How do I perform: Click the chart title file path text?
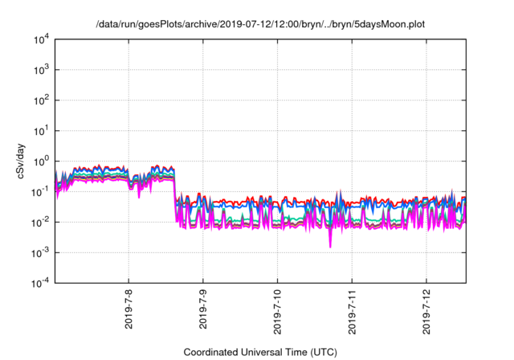point(256,24)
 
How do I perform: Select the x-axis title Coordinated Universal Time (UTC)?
point(260,352)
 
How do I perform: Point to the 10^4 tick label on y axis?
point(41,39)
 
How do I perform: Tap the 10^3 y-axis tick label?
point(41,70)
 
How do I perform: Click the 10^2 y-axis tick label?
point(41,100)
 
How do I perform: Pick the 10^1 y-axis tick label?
point(41,130)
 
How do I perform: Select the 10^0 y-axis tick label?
point(41,161)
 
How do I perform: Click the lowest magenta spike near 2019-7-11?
point(330,246)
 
